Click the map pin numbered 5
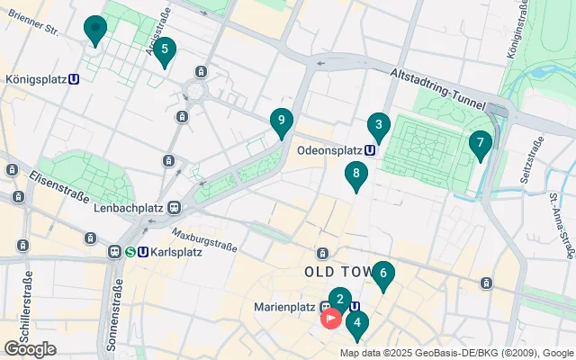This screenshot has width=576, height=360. tap(163, 50)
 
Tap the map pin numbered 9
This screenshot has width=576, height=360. tap(282, 121)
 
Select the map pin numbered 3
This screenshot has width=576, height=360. tap(378, 126)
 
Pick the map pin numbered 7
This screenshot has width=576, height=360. tap(480, 143)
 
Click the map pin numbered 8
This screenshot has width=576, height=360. tap(356, 175)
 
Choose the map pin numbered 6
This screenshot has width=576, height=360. tap(383, 274)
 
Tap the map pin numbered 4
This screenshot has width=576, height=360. tap(357, 323)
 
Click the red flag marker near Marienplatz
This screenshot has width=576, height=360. tap(330, 317)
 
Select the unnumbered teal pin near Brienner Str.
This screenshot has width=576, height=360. tap(94, 29)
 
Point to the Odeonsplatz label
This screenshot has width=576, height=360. tap(328, 150)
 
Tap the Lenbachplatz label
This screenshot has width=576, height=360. tap(130, 208)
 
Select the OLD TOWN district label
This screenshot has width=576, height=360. tap(337, 271)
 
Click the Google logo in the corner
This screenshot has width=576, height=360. tap(31, 348)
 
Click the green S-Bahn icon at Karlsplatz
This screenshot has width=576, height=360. tap(130, 252)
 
